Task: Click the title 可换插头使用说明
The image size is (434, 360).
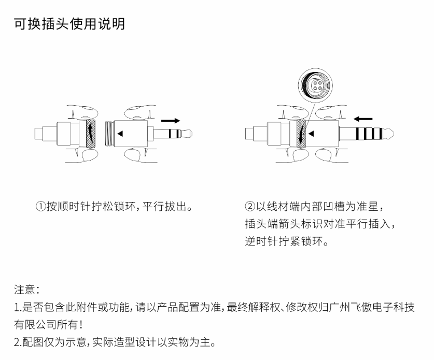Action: [69, 24]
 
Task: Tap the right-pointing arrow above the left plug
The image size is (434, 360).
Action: [171, 121]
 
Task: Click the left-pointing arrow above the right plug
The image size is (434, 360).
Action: [363, 119]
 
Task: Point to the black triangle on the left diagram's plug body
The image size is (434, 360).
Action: [120, 134]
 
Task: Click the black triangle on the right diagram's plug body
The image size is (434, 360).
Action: [311, 134]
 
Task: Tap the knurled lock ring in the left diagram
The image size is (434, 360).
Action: [91, 133]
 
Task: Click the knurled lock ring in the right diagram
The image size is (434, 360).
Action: [301, 133]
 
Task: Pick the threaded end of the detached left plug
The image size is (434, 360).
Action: [109, 134]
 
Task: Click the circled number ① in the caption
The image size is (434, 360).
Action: [40, 206]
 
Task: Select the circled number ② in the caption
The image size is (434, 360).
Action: [250, 206]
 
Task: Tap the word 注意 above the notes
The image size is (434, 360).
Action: [25, 290]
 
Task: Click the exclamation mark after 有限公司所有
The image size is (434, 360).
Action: [81, 324]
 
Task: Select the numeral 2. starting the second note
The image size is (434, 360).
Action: [18, 342]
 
